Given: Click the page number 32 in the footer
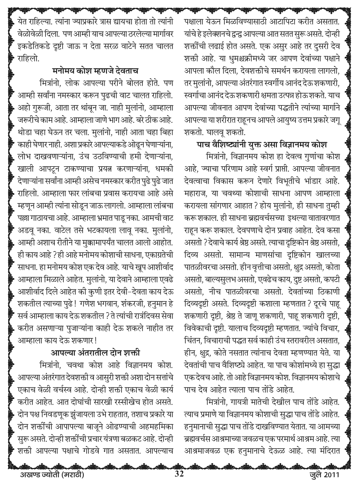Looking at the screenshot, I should (x=179, y=474).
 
